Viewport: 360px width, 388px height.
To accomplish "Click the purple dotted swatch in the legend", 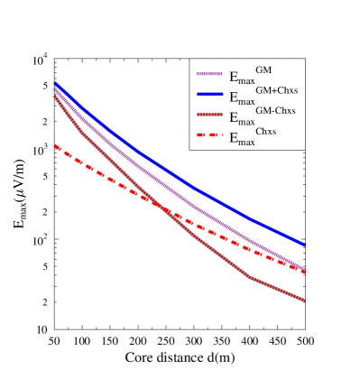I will pos(208,73).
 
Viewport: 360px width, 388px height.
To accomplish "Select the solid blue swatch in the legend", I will pos(208,94).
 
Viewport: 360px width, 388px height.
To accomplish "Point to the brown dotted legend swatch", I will pos(208,115).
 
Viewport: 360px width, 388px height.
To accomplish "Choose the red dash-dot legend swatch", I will pos(208,135).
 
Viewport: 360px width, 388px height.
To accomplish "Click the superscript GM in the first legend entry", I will pos(263,69).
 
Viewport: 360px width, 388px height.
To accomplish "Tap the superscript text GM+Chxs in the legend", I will pos(276,89).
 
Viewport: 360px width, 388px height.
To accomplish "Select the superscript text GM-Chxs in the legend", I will pos(275,110).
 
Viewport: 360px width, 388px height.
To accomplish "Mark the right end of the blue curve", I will pos(305,245).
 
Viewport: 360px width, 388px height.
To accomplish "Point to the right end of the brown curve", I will pos(305,300).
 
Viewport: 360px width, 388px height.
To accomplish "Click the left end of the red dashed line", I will pos(55,145).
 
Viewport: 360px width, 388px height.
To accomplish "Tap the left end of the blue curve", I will pos(55,83).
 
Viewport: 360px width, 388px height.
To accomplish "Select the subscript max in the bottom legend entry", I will pos(246,142).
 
